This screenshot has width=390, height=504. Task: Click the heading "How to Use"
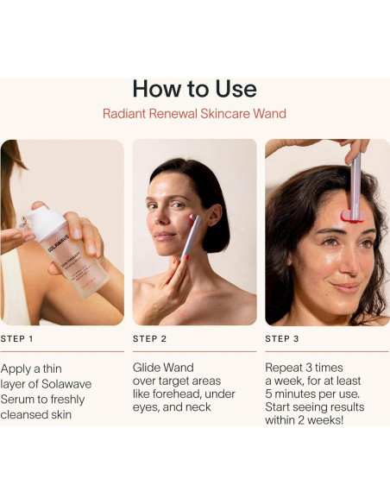[194, 89]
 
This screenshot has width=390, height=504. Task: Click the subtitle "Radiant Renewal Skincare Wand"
[194, 114]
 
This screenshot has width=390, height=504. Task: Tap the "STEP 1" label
[18, 339]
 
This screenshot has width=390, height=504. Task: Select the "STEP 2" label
[150, 339]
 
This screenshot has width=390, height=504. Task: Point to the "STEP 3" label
[282, 339]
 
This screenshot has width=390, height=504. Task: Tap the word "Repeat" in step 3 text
[286, 366]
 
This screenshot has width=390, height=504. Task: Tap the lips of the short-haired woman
[164, 234]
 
